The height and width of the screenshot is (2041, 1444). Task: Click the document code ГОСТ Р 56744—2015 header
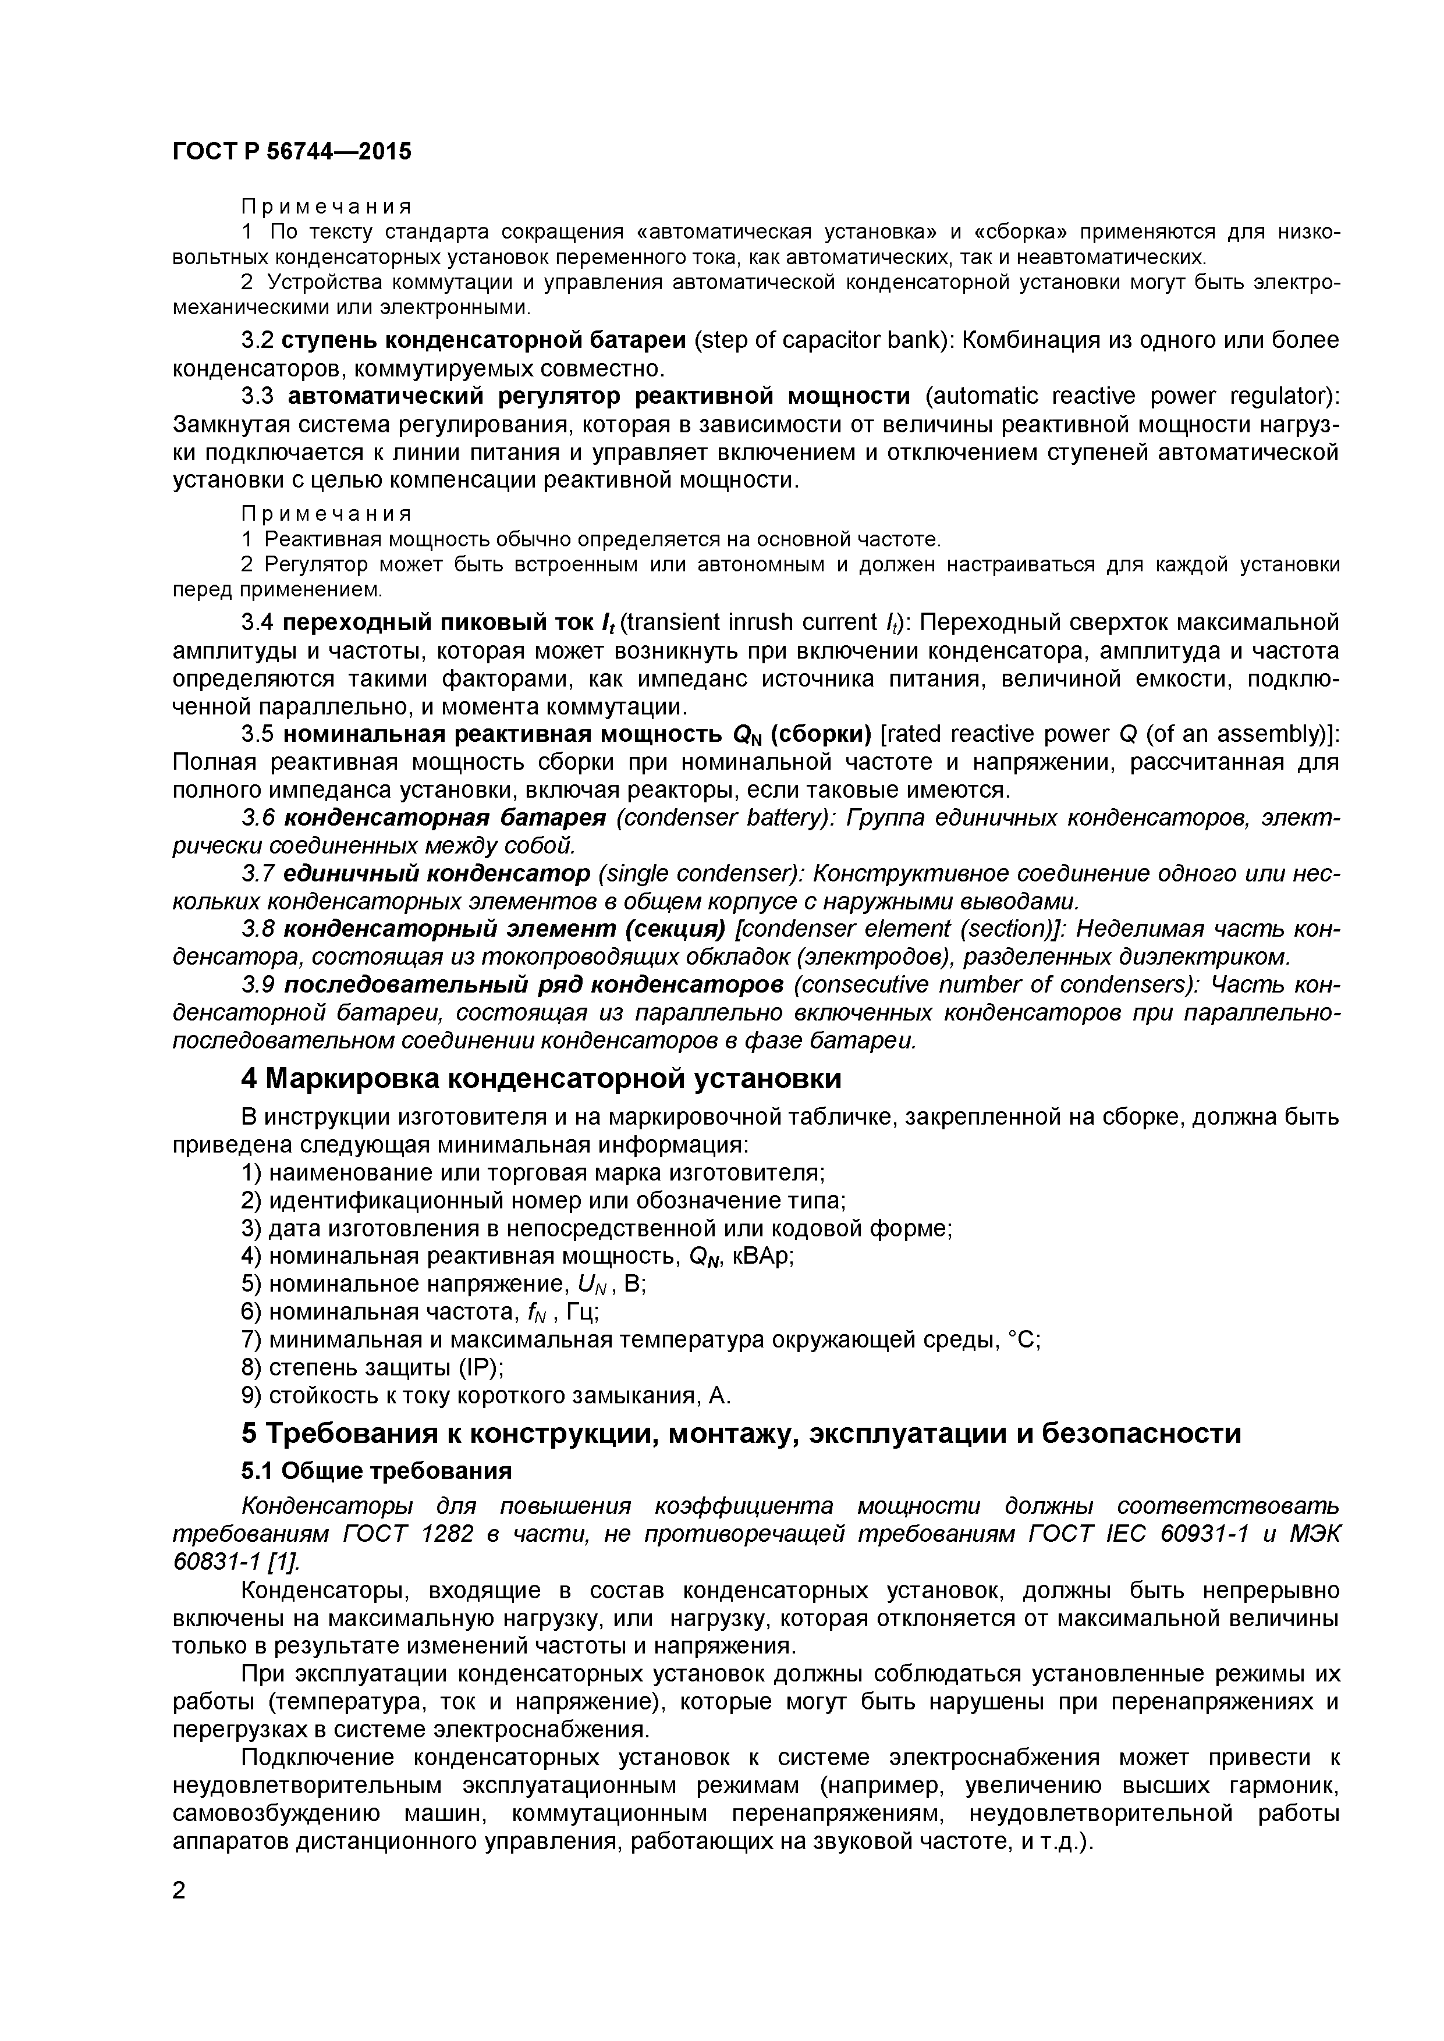[292, 152]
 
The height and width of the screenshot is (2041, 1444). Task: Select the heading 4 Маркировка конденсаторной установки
[541, 1078]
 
